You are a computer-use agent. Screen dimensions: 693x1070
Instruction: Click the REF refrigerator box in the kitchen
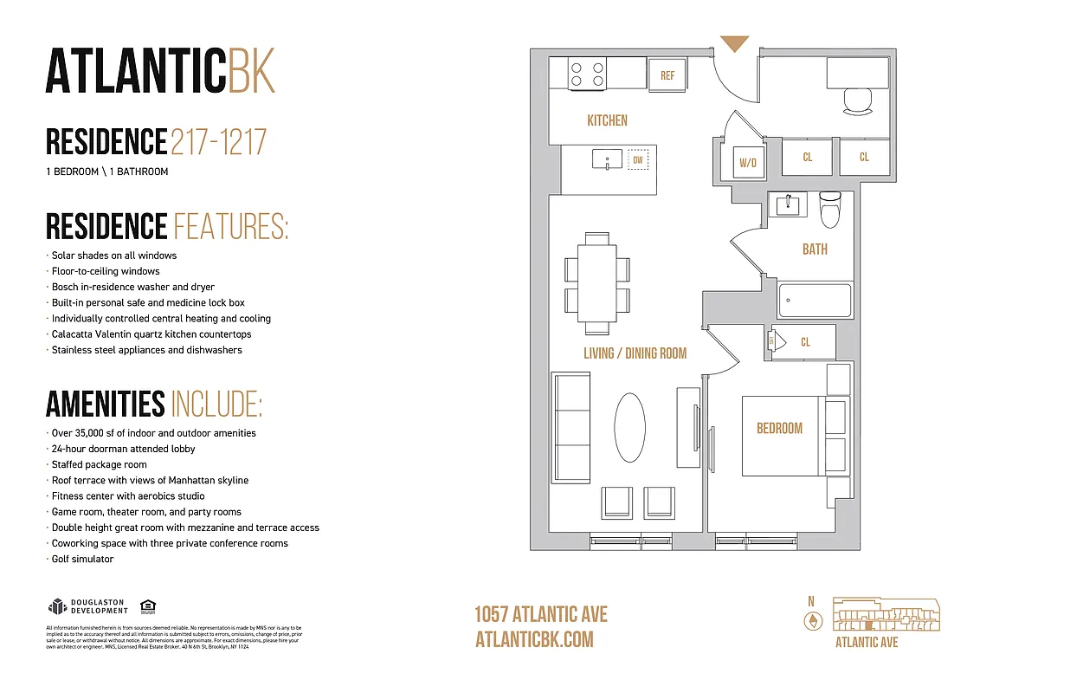667,75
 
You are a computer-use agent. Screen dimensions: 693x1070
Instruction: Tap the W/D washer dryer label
748,162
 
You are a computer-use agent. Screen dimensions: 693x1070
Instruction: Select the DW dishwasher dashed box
638,159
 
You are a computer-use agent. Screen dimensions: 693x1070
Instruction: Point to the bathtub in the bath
815,300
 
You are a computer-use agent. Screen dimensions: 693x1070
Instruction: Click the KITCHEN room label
607,120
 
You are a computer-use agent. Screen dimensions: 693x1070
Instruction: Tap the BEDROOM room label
779,428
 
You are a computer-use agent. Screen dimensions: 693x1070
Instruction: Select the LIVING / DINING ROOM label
635,353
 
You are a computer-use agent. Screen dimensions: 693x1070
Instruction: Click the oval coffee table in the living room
630,427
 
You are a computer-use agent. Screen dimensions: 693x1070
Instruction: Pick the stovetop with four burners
588,72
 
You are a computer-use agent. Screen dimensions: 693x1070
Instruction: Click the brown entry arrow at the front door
734,43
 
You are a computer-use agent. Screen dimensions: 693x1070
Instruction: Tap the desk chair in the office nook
860,100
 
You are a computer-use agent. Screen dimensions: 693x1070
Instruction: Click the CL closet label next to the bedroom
805,342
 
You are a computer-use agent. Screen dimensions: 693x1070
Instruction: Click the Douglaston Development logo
87,606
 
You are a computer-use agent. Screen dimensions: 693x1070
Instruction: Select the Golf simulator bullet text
82,560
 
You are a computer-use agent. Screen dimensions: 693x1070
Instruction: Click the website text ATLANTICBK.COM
534,639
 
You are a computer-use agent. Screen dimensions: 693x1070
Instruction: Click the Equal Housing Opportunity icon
147,606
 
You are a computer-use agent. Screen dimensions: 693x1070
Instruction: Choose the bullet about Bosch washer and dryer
132,287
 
